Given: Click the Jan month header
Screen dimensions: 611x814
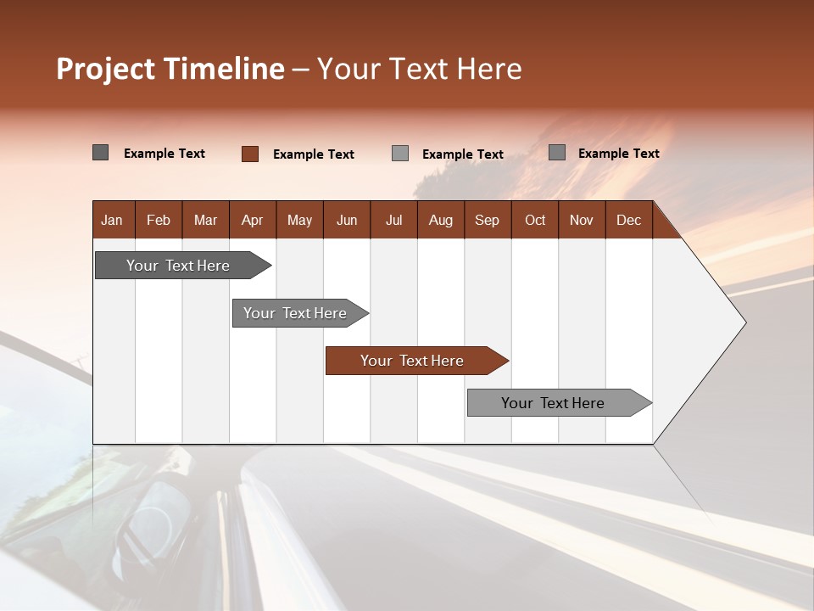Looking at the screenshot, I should coord(112,220).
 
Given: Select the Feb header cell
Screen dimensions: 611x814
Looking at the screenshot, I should coord(159,220).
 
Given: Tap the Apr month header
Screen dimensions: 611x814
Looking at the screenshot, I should coord(252,220).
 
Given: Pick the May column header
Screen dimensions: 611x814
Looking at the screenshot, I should coord(299,220).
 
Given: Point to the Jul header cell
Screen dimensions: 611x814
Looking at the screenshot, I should coord(393,220).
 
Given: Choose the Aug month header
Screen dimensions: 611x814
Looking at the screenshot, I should coord(440,220).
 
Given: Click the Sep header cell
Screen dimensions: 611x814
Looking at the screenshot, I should coord(487,220).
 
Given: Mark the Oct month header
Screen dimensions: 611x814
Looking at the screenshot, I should coord(535,220).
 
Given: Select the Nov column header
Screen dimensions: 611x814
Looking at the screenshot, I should coord(581,220).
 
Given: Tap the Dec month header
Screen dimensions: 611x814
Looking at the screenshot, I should coord(628,220).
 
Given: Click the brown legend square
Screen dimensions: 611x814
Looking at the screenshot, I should coord(250,154).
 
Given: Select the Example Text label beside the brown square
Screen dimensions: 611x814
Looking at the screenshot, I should coord(313,154).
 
